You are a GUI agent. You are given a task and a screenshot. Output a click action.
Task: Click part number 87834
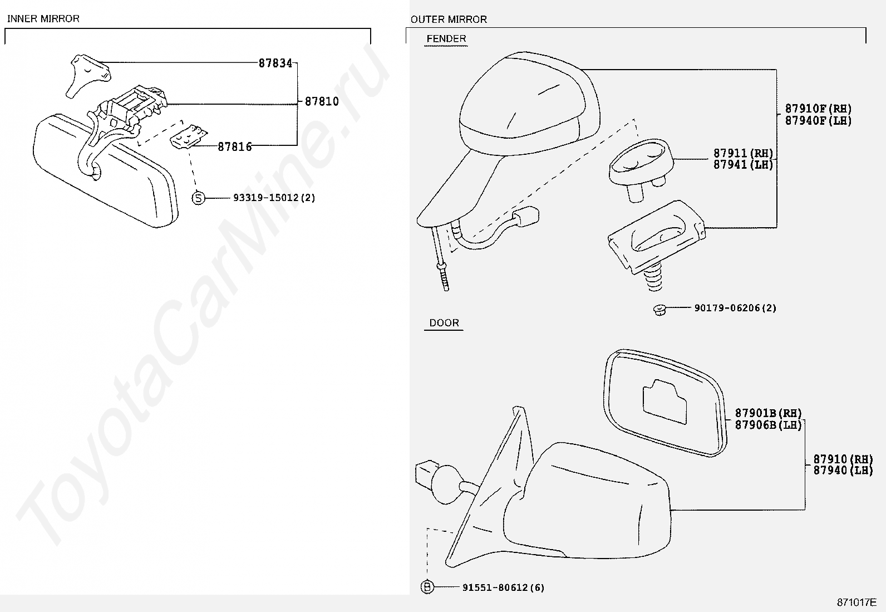pos(275,63)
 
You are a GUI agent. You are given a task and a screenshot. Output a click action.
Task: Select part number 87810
pos(322,102)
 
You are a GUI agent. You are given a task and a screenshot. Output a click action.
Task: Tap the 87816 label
pos(234,146)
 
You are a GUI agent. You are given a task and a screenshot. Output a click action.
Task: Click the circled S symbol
pos(199,198)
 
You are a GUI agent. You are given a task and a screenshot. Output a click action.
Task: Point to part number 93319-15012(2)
pos(274,198)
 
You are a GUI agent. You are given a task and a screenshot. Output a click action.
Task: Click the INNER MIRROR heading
pos(43,18)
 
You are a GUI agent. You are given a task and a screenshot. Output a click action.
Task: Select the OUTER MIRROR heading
pos(449,19)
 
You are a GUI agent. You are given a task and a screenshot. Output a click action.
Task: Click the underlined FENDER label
pos(446,39)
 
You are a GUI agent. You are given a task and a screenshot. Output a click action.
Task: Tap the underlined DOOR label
pos(444,323)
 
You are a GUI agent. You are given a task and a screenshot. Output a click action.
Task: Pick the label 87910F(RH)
pos(818,109)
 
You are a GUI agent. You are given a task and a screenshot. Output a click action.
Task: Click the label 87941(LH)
pos(743,165)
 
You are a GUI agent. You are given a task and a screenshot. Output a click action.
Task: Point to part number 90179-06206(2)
pos(735,308)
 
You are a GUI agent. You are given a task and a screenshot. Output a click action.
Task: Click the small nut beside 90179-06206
pos(659,309)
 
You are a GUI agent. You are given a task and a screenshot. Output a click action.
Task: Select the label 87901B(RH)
pos(768,413)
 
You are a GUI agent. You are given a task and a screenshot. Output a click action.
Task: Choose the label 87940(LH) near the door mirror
pos(843,471)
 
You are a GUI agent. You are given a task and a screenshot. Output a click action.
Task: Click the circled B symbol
pos(427,587)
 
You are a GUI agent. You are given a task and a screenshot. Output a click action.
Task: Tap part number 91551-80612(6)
pos(503,587)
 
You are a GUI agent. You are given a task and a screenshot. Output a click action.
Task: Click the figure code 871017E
pos(857,603)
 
